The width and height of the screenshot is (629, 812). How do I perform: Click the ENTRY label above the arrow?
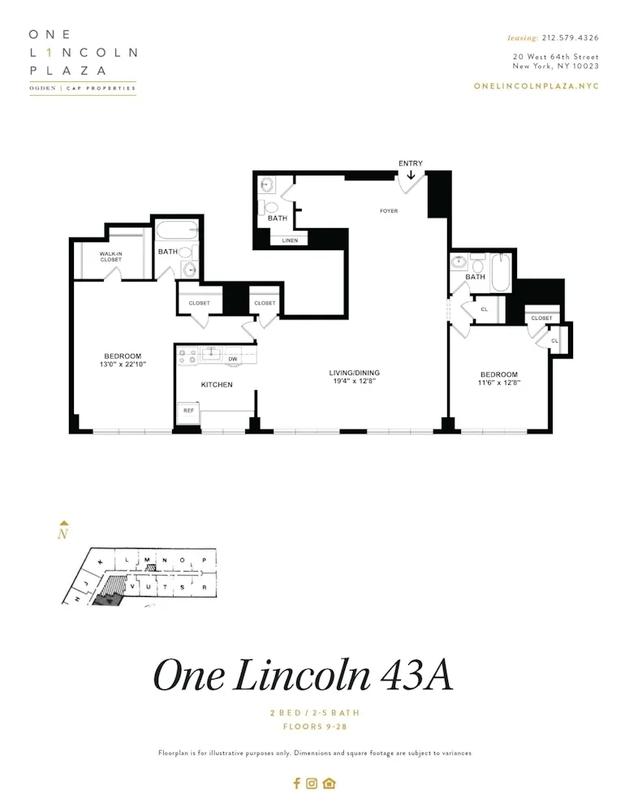click(410, 163)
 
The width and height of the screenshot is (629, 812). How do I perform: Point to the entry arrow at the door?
click(411, 174)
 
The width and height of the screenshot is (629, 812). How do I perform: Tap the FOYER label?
click(389, 211)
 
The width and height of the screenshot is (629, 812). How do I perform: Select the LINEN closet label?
click(290, 241)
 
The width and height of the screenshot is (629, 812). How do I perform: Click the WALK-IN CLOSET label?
click(111, 257)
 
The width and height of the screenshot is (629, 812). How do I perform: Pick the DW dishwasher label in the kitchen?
click(232, 359)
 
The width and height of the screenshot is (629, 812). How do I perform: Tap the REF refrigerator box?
click(188, 411)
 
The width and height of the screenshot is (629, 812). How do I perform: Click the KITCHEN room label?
click(217, 384)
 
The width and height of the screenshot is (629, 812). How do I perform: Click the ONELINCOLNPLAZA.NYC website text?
click(536, 86)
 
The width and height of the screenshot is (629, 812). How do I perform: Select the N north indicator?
click(63, 533)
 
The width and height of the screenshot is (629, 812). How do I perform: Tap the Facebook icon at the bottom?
click(296, 783)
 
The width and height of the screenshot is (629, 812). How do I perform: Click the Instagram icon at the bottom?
click(312, 783)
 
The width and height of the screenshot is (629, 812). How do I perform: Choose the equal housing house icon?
click(329, 783)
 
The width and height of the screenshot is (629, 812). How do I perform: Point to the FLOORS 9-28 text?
click(314, 727)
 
